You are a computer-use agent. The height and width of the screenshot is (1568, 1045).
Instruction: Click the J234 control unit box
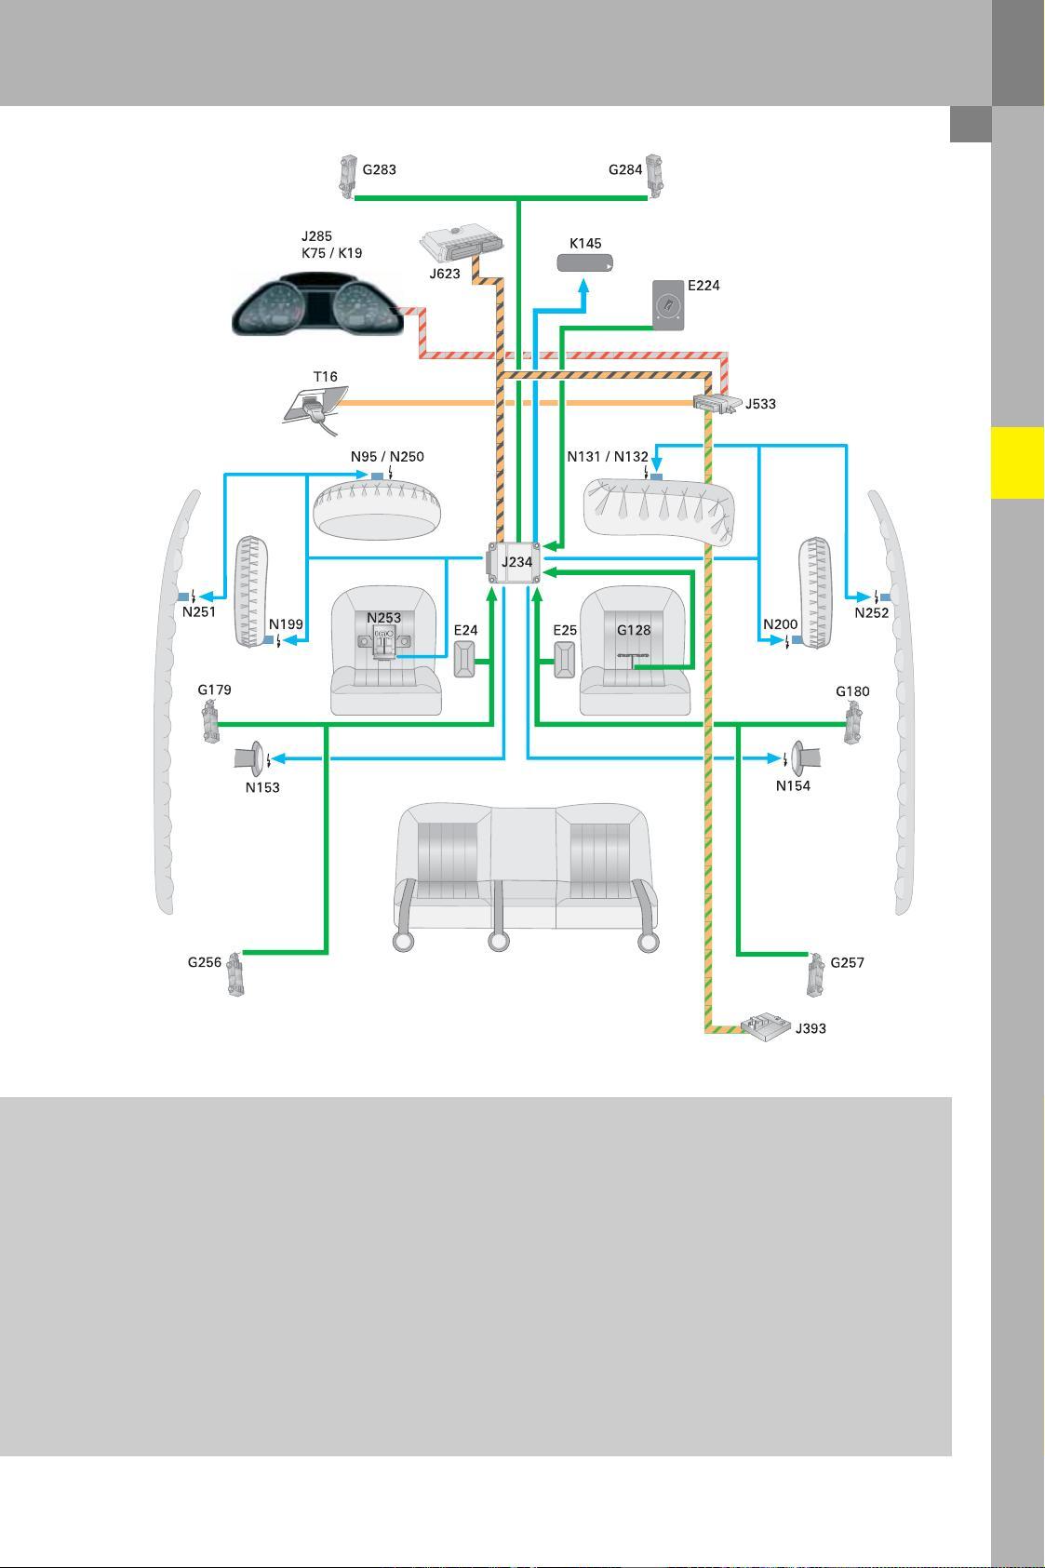coord(516,562)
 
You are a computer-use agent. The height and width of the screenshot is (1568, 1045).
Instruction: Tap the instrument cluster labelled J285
coord(317,306)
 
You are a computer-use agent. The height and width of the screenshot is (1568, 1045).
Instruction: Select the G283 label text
coord(380,169)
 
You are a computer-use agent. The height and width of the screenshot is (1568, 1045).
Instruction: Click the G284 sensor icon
coord(654,176)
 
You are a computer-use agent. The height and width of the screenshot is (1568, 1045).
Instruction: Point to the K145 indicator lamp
coord(584,262)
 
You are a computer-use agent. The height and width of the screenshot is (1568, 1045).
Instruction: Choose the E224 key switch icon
coord(668,304)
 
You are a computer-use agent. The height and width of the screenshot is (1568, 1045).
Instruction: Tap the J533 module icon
coord(717,404)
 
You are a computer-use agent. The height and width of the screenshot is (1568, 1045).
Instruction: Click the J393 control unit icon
coord(766,1027)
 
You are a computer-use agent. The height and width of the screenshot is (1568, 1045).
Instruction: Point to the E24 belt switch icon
coord(464,660)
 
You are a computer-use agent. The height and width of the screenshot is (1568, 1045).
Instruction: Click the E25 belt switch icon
coord(565,660)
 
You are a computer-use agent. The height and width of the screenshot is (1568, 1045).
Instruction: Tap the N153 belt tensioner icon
coord(249,758)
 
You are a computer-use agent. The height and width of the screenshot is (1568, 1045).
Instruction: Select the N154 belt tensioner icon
coord(805,757)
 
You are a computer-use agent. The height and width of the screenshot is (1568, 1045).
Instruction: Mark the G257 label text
coord(847,962)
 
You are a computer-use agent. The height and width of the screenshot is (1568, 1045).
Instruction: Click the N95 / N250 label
coord(387,456)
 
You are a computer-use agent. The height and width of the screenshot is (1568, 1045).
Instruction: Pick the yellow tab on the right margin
coord(1018,462)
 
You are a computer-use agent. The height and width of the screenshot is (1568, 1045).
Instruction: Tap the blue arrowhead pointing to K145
coord(583,286)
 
